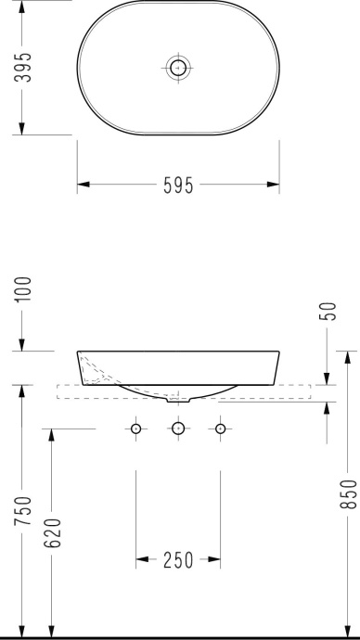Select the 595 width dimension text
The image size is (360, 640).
tap(177, 186)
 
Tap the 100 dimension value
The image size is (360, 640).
tap(22, 289)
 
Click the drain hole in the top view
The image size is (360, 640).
tap(177, 66)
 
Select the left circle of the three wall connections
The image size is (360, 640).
tap(136, 429)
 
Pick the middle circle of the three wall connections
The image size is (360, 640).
tap(177, 429)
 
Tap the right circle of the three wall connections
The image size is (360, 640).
tap(220, 429)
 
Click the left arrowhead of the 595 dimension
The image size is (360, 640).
tap(81, 186)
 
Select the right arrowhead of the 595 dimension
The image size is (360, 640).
tap(275, 186)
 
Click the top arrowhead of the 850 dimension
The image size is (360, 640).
tap(346, 355)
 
